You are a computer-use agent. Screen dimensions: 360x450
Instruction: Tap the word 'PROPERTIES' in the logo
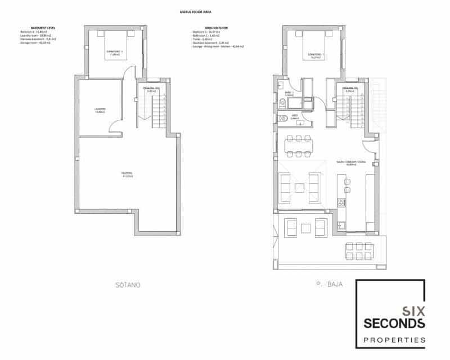(393, 340)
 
